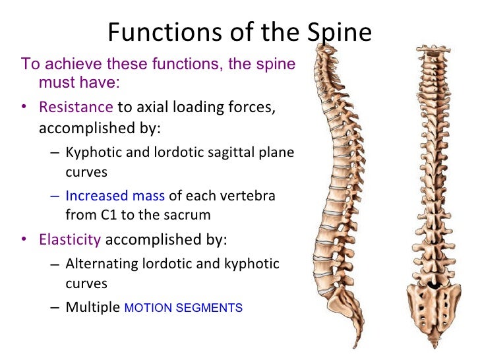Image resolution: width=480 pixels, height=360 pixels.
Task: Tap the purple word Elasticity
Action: (x=70, y=239)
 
